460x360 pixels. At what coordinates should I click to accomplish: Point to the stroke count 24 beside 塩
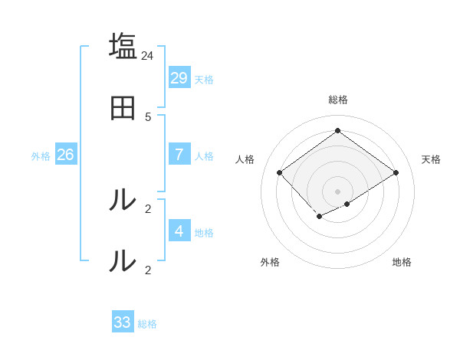(x=148, y=56)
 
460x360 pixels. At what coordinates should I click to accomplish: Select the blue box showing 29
(x=179, y=78)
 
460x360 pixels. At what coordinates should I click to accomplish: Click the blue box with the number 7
(x=179, y=155)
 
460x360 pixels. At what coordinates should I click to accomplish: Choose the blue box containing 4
(x=179, y=231)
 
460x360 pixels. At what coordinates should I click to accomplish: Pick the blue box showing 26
(x=65, y=155)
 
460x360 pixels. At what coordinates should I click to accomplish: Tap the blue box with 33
(x=123, y=322)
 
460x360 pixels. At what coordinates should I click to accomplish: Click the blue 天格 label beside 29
(x=204, y=80)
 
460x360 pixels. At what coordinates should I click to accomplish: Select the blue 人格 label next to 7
(x=204, y=156)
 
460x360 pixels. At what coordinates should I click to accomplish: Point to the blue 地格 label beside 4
(x=204, y=233)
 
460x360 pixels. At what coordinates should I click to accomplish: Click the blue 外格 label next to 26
(x=41, y=156)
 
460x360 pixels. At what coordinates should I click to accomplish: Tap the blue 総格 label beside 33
(x=147, y=324)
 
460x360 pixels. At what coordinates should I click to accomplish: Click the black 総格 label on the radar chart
(x=338, y=100)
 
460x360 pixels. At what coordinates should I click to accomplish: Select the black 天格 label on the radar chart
(x=431, y=159)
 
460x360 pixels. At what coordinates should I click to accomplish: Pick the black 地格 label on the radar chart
(x=402, y=262)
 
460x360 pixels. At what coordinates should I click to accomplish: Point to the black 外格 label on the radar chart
(x=270, y=262)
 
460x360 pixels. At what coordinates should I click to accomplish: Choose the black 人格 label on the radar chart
(x=245, y=159)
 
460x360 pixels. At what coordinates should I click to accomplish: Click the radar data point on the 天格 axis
(x=396, y=172)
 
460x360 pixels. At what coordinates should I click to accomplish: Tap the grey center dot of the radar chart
(x=337, y=191)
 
